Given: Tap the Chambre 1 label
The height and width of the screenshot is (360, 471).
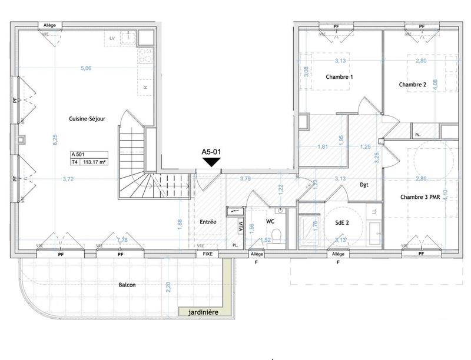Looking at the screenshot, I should tap(339, 77).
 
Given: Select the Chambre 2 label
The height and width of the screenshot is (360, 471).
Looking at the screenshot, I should tap(413, 85).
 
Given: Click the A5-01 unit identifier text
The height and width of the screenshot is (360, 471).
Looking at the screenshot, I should tap(211, 152).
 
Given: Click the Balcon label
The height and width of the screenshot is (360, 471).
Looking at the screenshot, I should tap(127, 285).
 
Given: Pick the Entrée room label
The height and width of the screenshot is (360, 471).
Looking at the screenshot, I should tap(208, 222).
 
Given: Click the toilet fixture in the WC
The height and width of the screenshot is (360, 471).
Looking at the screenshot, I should tap(281, 235).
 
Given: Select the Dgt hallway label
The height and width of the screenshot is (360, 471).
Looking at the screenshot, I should tap(364, 185).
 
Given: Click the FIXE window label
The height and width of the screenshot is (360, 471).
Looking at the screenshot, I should tap(207, 255).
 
